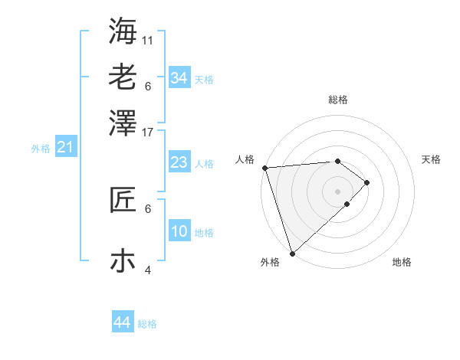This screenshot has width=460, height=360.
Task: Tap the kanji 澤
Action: [123, 122]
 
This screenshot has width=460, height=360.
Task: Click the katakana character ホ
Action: [123, 260]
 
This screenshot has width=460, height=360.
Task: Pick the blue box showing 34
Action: [179, 78]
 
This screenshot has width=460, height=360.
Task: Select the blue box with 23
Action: [179, 162]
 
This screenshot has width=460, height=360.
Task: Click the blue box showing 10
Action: [179, 231]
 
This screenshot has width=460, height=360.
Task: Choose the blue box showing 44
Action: [122, 322]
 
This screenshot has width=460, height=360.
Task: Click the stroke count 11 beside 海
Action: [148, 39]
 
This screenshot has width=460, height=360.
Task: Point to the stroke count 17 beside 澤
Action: [148, 132]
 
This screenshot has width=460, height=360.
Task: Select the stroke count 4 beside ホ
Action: [148, 270]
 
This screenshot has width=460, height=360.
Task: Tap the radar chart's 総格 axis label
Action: [338, 100]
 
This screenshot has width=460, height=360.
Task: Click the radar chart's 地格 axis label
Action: [402, 262]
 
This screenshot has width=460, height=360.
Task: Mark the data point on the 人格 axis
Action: [264, 168]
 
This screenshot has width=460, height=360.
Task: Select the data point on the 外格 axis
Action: [292, 254]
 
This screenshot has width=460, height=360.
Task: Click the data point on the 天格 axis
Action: [367, 182]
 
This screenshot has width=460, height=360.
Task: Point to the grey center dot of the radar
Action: [338, 191]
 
